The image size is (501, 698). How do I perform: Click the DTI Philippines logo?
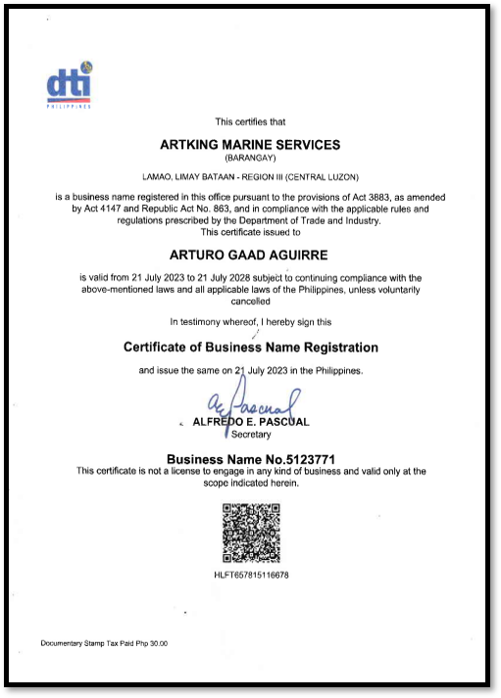[x=69, y=84]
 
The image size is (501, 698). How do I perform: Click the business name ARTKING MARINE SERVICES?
[x=250, y=144]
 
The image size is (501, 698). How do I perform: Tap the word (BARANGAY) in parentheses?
[x=250, y=157]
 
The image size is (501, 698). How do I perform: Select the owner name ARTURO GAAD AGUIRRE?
[x=250, y=256]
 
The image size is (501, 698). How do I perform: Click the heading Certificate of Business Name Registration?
[x=250, y=348]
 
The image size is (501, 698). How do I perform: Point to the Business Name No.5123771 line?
[x=250, y=458]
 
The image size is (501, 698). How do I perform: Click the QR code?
[x=251, y=534]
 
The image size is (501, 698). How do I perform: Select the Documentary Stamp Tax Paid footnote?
[x=104, y=643]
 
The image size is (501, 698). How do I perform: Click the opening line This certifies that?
[x=250, y=121]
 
